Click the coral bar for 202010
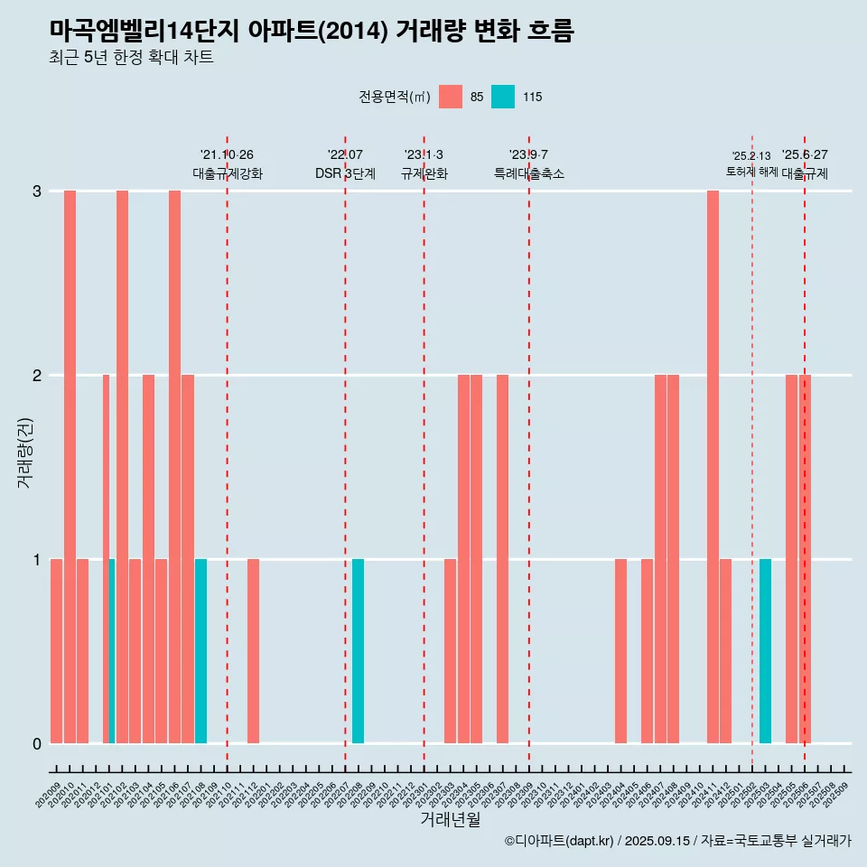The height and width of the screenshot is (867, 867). pos(70,467)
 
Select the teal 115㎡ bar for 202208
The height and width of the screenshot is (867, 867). pos(359,651)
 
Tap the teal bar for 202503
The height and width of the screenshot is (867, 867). pos(765,651)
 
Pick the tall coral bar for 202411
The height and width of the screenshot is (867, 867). pos(713,467)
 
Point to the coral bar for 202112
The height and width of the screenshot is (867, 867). pos(254,651)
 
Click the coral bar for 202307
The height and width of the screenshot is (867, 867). pos(502,559)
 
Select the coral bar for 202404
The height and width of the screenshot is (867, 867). pos(620,651)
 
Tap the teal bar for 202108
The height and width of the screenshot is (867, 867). pos(200,651)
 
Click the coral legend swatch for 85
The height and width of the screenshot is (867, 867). pos(451,97)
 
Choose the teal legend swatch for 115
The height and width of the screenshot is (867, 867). pos(503,97)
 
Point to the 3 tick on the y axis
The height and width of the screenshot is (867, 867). pos(37,191)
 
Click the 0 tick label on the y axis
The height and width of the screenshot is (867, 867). pos(37,743)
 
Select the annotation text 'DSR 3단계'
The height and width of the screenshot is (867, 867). pos(345,173)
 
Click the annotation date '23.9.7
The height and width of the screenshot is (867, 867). pos(528,155)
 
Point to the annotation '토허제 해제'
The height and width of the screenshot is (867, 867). pos(751,171)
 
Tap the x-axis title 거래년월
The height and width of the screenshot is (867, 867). pos(450,820)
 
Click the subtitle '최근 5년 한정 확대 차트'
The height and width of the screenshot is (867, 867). pos(132,58)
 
